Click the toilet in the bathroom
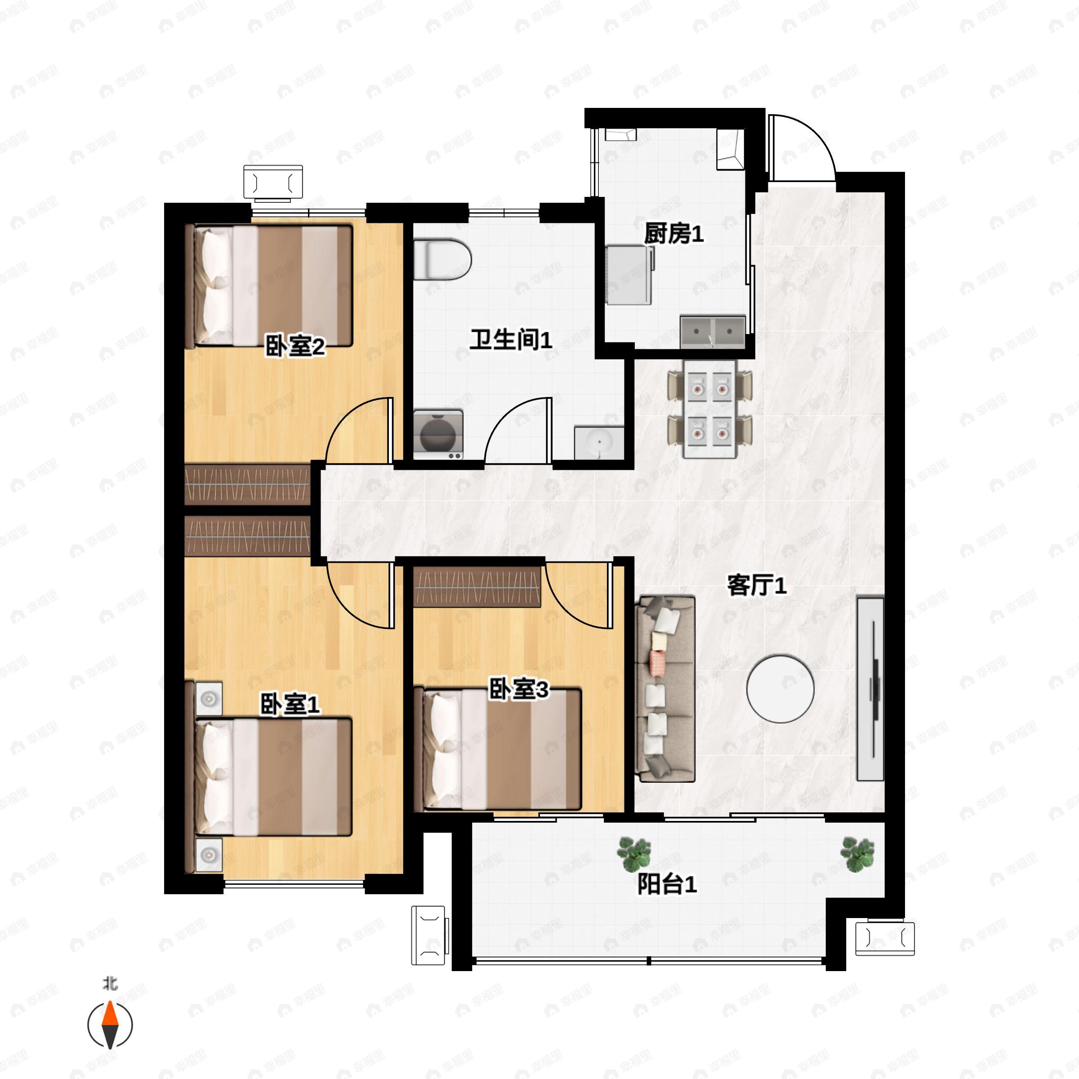click(442, 260)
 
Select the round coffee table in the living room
click(780, 689)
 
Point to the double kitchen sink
click(713, 331)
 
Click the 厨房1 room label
click(673, 233)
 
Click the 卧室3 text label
click(519, 689)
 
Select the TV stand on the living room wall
click(870, 689)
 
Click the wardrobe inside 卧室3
click(477, 586)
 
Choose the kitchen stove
click(629, 275)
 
